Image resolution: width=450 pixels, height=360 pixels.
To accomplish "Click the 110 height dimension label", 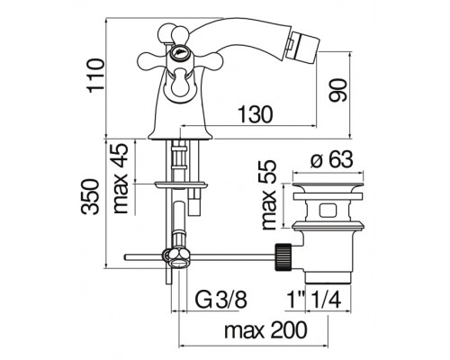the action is [94, 76].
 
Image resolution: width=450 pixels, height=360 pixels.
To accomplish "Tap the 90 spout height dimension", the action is [337, 90].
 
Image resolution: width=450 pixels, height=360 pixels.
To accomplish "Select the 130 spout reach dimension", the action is [256, 114].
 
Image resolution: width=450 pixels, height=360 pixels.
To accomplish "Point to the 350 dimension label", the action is [91, 197].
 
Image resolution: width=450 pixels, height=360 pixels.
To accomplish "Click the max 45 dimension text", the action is [121, 178].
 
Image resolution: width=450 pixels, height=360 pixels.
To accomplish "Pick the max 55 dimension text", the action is [268, 194].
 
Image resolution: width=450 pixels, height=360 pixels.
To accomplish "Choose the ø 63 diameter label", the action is [331, 159].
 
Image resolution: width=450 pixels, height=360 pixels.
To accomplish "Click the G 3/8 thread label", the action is [221, 300].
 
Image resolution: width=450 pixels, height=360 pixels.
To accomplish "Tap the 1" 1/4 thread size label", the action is [314, 300].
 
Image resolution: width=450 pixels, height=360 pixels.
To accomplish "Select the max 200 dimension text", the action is [265, 330].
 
